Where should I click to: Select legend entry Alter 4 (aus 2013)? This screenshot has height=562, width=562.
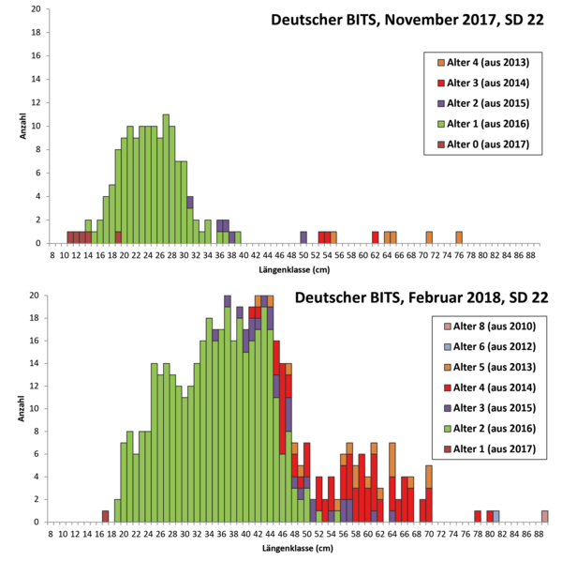(484, 63)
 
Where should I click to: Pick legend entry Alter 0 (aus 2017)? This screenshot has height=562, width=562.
(484, 144)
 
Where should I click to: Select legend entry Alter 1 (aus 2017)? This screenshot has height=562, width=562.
(484, 448)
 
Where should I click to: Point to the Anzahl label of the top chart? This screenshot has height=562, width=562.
(22, 127)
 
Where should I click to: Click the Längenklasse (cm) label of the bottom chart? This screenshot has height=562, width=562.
(296, 546)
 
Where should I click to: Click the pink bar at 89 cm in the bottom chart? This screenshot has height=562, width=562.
(544, 516)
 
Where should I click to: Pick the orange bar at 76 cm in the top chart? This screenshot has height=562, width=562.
(459, 237)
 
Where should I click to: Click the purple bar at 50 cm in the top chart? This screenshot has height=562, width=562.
(303, 237)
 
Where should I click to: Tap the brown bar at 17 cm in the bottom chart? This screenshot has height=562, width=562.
(106, 516)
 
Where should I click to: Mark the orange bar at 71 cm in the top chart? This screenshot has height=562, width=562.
(429, 237)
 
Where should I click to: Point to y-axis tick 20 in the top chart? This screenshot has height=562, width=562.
(37, 9)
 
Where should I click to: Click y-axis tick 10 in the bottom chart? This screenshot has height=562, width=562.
(37, 409)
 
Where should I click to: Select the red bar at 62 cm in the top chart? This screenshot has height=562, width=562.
(375, 237)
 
